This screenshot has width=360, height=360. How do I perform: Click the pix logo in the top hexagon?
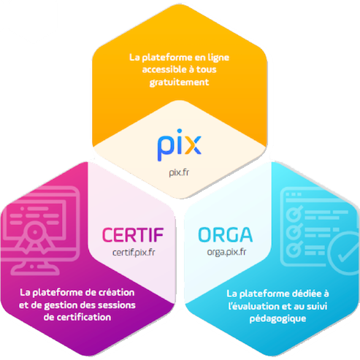pos(180,145)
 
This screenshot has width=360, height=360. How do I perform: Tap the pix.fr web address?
pos(179,172)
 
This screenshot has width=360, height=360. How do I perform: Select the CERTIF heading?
pos(133,235)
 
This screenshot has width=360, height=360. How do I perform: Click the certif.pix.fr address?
pos(134,253)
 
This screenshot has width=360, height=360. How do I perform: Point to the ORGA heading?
pos(226,235)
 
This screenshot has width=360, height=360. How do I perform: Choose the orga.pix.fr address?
pos(226,252)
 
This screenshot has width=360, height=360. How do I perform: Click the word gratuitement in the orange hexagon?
pos(179,83)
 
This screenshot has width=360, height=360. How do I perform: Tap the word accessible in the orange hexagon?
pos(164,69)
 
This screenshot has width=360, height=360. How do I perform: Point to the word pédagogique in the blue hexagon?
pos(277,319)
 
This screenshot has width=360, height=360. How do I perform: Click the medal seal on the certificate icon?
pos(35,232)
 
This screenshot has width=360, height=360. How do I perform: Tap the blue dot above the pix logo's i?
pos(180,131)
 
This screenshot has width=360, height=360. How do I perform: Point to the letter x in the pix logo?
pos(193,145)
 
